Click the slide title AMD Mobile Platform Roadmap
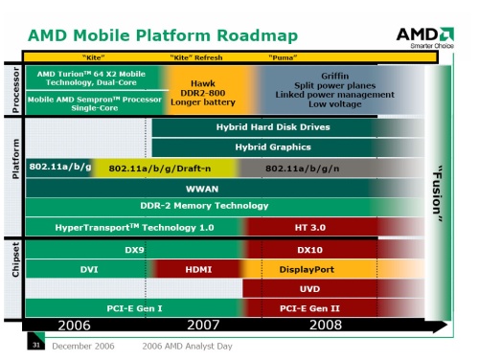[x=162, y=35]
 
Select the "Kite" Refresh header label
[x=195, y=57]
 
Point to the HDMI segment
[x=198, y=270]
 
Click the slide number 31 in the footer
[x=35, y=346]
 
